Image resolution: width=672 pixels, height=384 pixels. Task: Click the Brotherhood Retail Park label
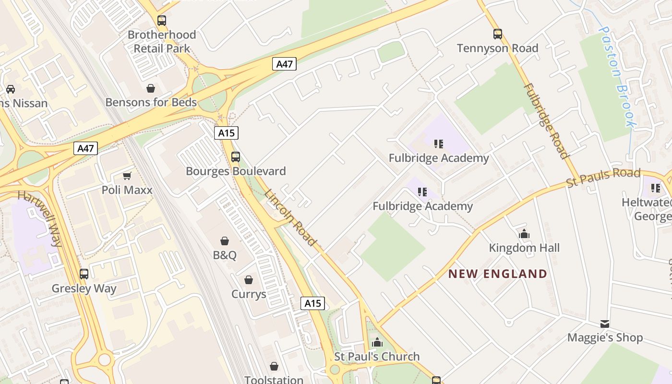pos(162,41)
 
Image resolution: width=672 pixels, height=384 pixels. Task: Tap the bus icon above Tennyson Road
pos(498,34)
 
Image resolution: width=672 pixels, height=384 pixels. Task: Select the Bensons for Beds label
pos(151,102)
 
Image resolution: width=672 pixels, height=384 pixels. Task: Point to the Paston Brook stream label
pos(618,77)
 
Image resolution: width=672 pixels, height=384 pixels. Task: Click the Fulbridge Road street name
pos(547,120)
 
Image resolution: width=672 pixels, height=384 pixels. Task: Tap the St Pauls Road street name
pos(603,177)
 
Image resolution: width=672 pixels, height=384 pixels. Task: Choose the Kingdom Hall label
pos(524,248)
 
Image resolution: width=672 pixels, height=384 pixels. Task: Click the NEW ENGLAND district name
pos(498,274)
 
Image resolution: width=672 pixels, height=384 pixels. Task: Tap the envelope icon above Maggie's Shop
pos(605,324)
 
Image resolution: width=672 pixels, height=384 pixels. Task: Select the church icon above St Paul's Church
pos(377,342)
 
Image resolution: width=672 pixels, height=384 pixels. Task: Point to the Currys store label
pos(249,294)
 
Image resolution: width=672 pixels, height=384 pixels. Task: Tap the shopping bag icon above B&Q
pos(225,240)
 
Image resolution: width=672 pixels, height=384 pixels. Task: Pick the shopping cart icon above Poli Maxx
pos(127,176)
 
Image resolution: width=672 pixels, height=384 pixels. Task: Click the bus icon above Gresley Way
pos(84,274)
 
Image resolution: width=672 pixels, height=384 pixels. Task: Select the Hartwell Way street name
pos(41,218)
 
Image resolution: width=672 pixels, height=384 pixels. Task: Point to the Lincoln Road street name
pos(291,217)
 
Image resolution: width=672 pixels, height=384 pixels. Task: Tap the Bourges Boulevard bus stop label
pos(236,171)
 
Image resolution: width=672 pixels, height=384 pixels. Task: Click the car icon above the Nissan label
pos(11,89)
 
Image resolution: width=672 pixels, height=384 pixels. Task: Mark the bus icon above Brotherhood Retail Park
pos(162,21)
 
